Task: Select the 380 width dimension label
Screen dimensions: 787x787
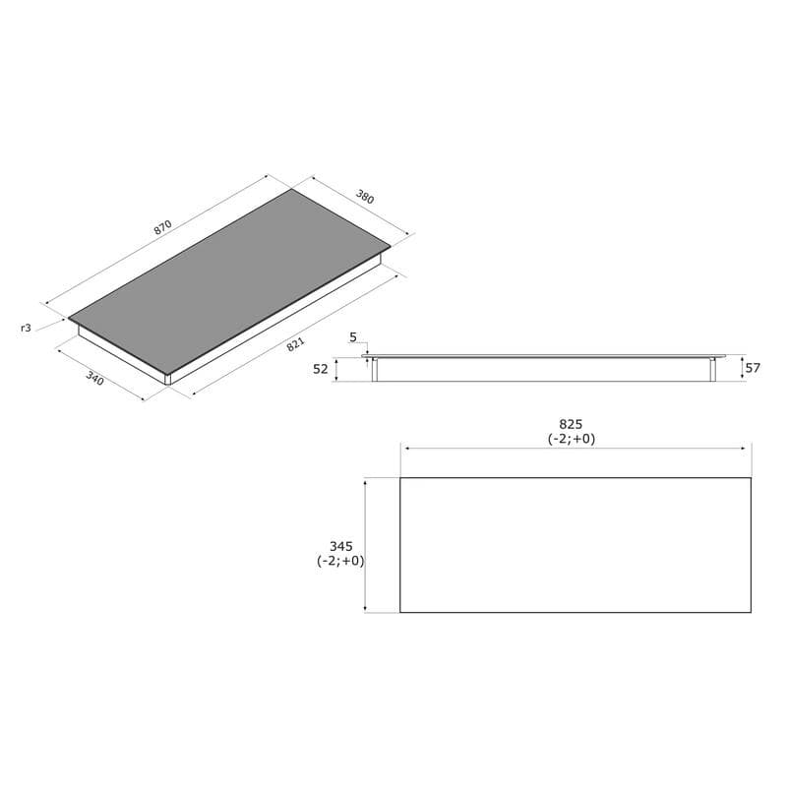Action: point(364,196)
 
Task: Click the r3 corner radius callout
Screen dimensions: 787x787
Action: point(27,328)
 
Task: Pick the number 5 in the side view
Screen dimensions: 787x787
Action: point(353,337)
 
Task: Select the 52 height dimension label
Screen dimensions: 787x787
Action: point(321,369)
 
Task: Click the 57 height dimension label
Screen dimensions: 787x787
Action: point(754,368)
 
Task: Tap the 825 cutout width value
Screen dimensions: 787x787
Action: point(572,425)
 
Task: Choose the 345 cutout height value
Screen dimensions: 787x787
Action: point(340,546)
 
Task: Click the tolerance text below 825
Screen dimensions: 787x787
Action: point(572,440)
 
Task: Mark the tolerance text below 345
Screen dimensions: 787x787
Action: point(340,561)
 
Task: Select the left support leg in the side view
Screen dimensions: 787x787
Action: point(374,370)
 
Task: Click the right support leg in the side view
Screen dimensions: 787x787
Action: point(711,370)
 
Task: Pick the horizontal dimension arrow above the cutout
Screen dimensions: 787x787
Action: point(575,449)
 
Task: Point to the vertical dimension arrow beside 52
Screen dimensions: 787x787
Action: point(336,370)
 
